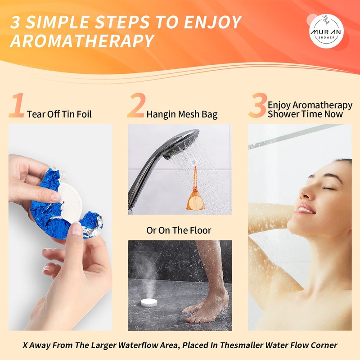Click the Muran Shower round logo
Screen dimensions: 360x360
tap(326, 31)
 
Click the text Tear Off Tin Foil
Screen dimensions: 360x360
tap(59, 114)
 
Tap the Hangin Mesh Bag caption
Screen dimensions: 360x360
tap(182, 114)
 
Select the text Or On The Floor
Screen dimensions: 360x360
tap(179, 230)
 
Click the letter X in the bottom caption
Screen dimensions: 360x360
tap(26, 346)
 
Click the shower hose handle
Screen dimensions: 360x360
tap(138, 180)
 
